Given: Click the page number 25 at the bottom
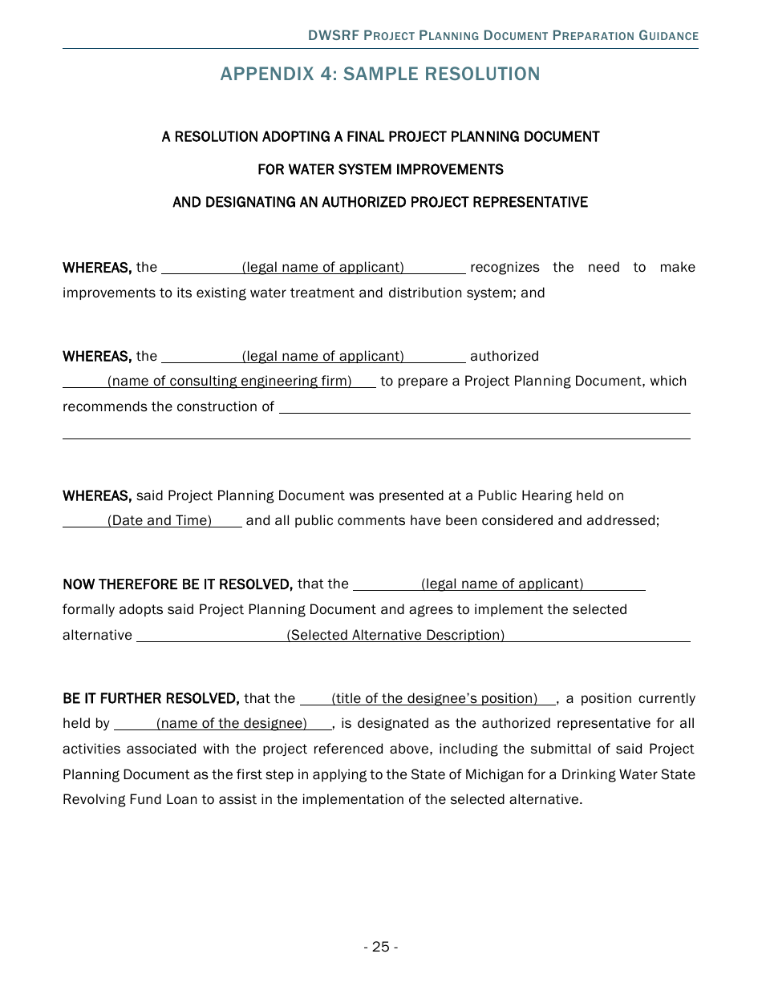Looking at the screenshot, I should click(380, 947).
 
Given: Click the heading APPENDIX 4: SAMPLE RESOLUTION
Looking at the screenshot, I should click(380, 74).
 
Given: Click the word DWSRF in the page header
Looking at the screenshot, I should click(333, 36).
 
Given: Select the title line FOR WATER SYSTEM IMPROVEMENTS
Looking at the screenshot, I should click(380, 169).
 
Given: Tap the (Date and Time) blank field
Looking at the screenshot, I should click(159, 520).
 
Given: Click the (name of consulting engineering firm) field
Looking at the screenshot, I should click(229, 381).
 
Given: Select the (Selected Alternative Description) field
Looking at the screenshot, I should click(395, 635).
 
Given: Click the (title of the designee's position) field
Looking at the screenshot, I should click(434, 698).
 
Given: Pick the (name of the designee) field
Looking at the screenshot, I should click(231, 723).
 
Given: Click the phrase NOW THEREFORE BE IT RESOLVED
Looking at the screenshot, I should click(177, 584).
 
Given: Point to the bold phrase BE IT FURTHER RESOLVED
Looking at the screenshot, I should click(151, 698).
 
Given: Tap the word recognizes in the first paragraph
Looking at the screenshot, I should click(505, 267).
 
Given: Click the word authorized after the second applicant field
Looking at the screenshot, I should click(505, 356).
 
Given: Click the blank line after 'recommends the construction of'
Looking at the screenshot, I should click(484, 407).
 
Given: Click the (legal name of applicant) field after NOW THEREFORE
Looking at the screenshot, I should click(501, 584).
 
